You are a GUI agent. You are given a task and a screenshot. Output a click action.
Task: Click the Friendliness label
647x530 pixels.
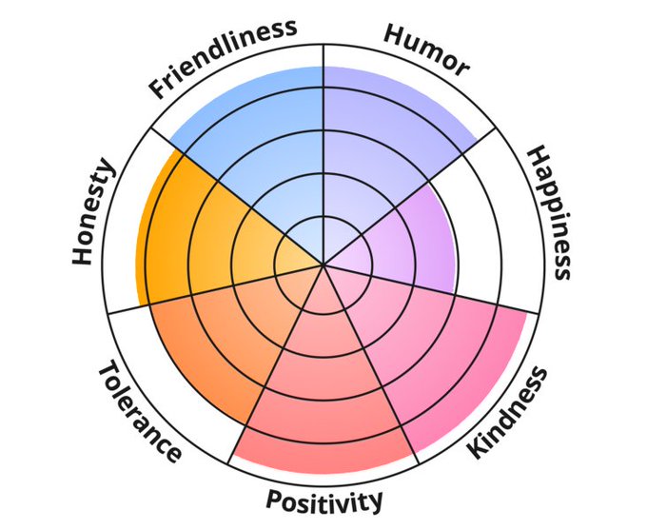coord(223,58)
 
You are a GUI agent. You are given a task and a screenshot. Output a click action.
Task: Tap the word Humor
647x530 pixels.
coord(426,49)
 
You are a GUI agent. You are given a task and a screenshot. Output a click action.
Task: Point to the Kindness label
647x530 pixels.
coord(510,412)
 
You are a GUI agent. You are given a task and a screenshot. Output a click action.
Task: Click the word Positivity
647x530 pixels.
coord(324,500)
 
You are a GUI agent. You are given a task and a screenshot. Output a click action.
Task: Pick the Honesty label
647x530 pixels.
coord(93,213)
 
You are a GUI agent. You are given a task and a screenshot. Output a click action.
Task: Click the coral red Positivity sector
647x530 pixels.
coord(323,400)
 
